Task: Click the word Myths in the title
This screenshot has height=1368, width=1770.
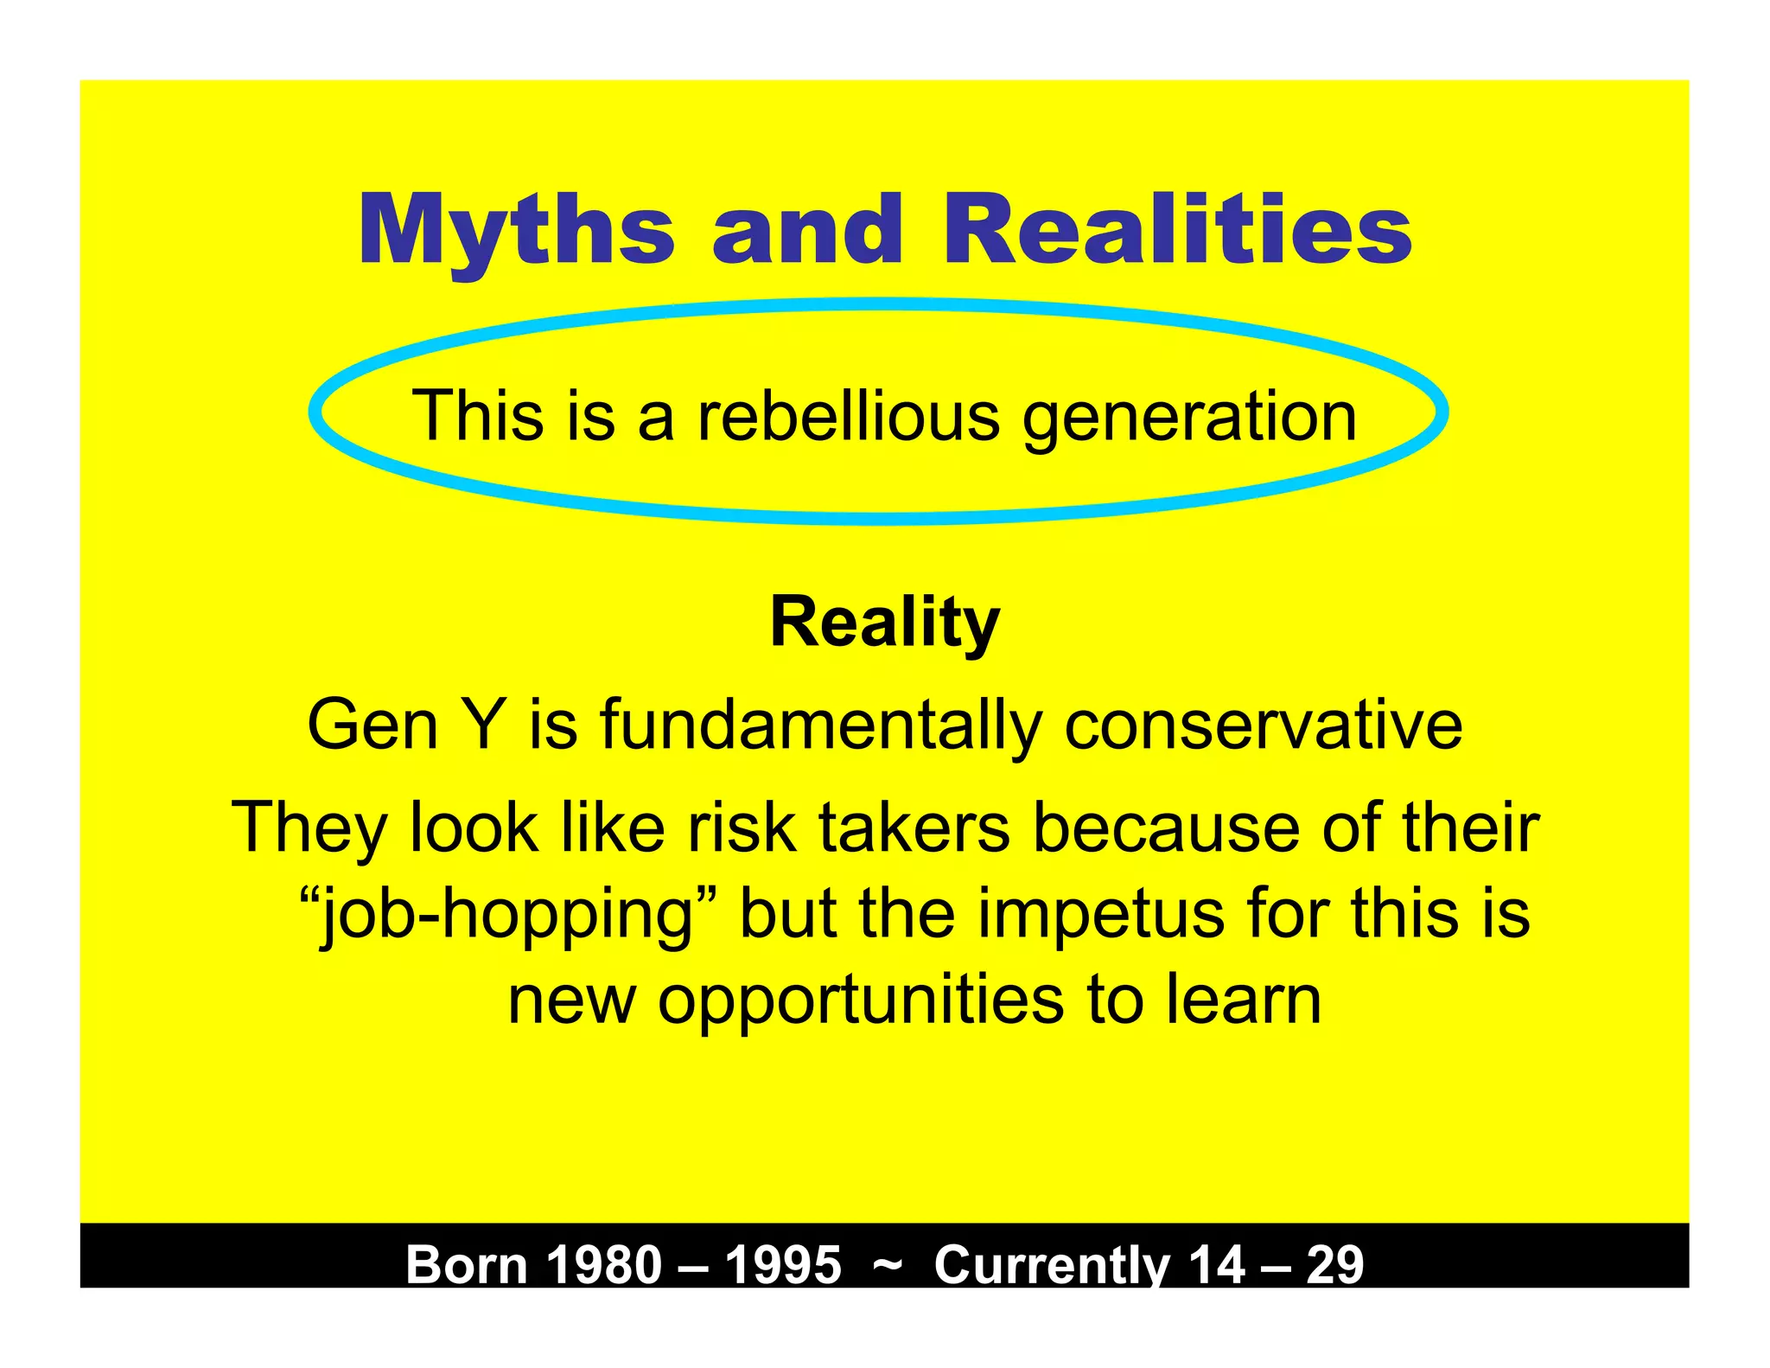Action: pyautogui.click(x=516, y=232)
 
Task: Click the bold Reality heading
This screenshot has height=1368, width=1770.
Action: pyautogui.click(x=884, y=623)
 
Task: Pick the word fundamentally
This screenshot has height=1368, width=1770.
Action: pyautogui.click(x=821, y=726)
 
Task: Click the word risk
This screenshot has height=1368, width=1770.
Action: pyautogui.click(x=742, y=828)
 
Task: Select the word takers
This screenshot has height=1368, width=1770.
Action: pyautogui.click(x=914, y=828)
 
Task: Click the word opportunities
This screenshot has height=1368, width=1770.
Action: pyautogui.click(x=861, y=1002)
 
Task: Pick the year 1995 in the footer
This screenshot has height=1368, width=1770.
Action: pyautogui.click(x=783, y=1264)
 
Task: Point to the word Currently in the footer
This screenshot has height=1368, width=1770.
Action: pyautogui.click(x=1050, y=1264)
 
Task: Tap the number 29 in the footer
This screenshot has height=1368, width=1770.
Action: pyautogui.click(x=1334, y=1264)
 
